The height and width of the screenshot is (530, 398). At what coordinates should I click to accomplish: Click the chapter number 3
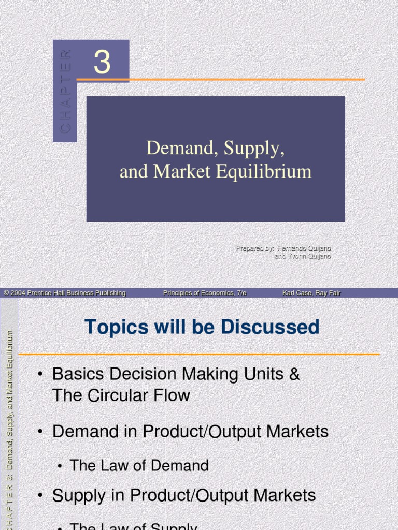pos(102,63)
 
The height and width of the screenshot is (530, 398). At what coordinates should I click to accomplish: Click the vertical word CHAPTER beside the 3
pos(65,91)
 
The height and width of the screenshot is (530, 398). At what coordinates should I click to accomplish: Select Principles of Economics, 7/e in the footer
pos(205,293)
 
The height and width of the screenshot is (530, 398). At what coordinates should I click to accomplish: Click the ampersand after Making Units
pos(294,374)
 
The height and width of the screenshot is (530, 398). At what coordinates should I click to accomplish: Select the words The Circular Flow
pos(121,396)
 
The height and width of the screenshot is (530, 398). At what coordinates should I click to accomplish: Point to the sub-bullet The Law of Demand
pos(139,465)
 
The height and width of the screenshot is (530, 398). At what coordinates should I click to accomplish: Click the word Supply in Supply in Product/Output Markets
pos(83,495)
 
